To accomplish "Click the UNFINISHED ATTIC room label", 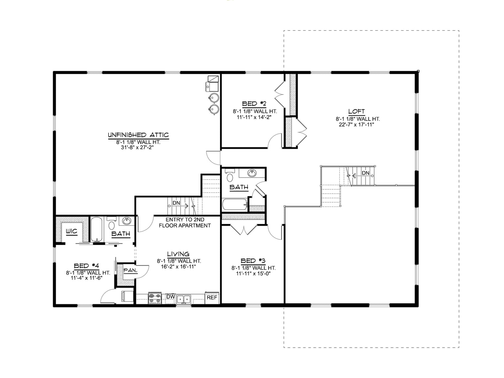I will click(x=138, y=135).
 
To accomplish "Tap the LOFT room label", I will click(x=356, y=111).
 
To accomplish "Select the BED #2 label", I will click(x=255, y=103).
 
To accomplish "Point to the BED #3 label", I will click(x=254, y=261).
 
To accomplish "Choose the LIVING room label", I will click(x=178, y=254).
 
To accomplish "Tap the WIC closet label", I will click(x=72, y=231).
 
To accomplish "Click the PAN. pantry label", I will click(x=130, y=270).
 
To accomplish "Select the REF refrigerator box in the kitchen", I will click(x=212, y=298).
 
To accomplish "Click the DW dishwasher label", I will click(x=170, y=297).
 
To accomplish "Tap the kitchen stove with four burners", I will click(x=155, y=298).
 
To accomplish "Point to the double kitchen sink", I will click(x=183, y=299).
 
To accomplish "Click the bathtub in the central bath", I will click(x=234, y=205).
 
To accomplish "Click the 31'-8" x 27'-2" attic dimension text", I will click(x=138, y=147).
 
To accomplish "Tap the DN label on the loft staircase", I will click(x=366, y=173).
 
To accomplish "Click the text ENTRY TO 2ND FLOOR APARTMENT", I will click(x=185, y=223).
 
